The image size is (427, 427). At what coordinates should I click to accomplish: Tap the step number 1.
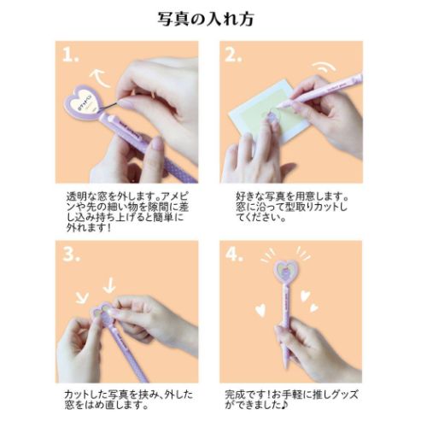(73, 56)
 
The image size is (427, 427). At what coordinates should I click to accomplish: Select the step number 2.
(232, 56)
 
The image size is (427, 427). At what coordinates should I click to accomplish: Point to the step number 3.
(73, 255)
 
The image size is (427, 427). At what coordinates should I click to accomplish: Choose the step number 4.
(232, 255)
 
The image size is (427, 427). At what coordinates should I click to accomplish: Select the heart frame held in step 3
(104, 312)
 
